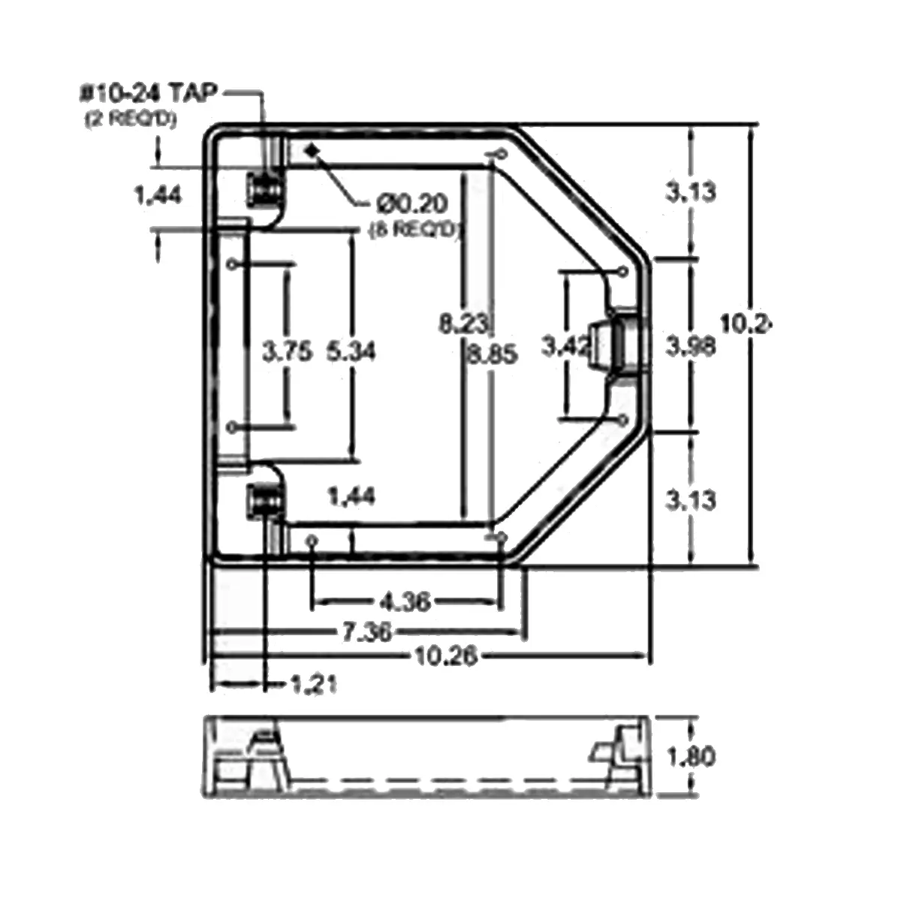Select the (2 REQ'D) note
click(131, 119)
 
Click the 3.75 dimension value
click(286, 351)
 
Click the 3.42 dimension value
click(565, 346)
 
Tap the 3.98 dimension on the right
click(691, 346)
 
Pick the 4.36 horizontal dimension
click(405, 601)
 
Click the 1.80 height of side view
click(691, 756)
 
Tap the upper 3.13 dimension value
click(691, 192)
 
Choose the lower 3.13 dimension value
click(691, 500)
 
